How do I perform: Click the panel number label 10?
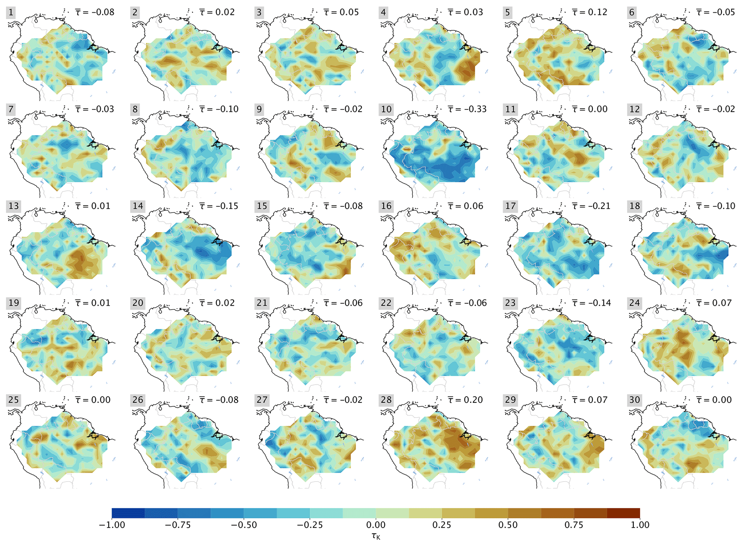tap(386, 109)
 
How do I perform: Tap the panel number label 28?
tap(386, 400)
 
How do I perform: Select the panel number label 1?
tap(11, 13)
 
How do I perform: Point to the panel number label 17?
tap(510, 206)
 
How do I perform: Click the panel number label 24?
tap(634, 303)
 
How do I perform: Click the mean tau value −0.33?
tap(467, 109)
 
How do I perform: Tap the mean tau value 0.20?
tap(465, 400)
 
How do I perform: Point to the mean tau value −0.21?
tap(591, 206)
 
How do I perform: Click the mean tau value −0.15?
tap(219, 206)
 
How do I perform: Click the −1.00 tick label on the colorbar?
tap(112, 525)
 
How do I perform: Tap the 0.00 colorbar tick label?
tap(376, 525)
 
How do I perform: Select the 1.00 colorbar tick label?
tap(640, 525)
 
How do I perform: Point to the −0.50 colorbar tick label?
tap(244, 525)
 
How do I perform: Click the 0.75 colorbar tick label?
tap(574, 525)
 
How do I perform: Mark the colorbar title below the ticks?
tap(376, 536)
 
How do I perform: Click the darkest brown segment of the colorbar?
tap(623, 513)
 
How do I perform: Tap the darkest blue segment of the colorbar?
tap(128, 513)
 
